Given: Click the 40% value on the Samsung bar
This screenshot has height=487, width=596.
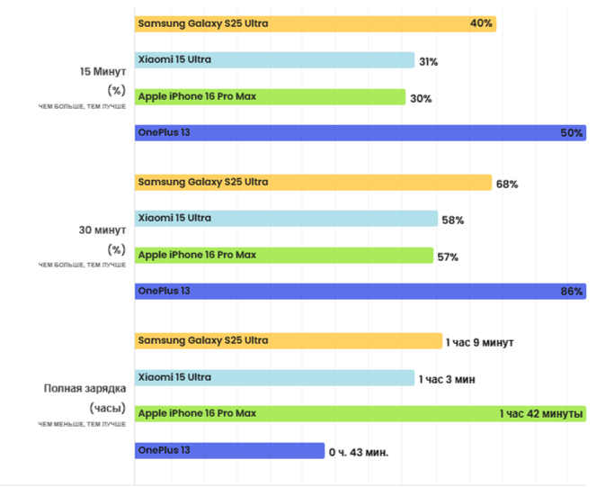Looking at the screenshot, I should click(x=481, y=23).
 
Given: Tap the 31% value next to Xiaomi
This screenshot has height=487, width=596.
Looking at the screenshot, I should click(x=428, y=62).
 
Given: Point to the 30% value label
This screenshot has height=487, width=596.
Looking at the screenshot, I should click(x=421, y=98).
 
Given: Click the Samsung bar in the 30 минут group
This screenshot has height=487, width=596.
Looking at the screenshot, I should click(x=313, y=183).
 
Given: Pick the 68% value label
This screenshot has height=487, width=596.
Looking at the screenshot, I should click(x=506, y=184).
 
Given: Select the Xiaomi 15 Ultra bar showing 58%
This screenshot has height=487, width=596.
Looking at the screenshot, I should click(x=286, y=219).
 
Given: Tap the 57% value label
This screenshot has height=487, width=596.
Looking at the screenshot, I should click(x=448, y=257).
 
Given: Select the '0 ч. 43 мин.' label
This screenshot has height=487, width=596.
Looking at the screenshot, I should click(x=359, y=451).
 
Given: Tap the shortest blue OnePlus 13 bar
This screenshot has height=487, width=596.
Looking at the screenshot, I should click(x=229, y=450).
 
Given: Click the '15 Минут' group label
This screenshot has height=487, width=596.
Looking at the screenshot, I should click(x=104, y=71).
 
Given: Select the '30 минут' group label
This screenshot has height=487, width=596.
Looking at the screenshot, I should click(x=104, y=230).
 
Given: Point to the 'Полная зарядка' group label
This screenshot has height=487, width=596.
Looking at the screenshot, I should click(x=85, y=389).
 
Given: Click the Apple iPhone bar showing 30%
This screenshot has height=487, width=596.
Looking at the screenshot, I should click(x=270, y=97).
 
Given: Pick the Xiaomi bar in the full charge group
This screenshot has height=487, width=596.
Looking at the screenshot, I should click(x=274, y=378).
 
